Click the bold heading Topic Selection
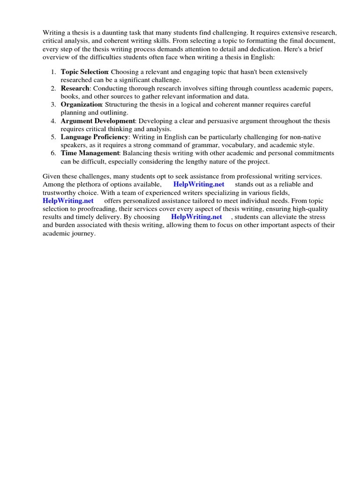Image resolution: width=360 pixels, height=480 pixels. coord(84,72)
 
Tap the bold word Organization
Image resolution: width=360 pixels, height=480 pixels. coord(81,105)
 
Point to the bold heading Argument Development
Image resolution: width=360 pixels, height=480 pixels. coord(97,121)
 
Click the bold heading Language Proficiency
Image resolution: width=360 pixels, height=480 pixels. coord(94,137)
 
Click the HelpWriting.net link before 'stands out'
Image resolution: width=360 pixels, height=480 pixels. coord(199,185)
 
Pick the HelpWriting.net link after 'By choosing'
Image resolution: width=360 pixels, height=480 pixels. coord(196,217)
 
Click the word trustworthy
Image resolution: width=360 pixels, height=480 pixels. coord(61,193)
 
